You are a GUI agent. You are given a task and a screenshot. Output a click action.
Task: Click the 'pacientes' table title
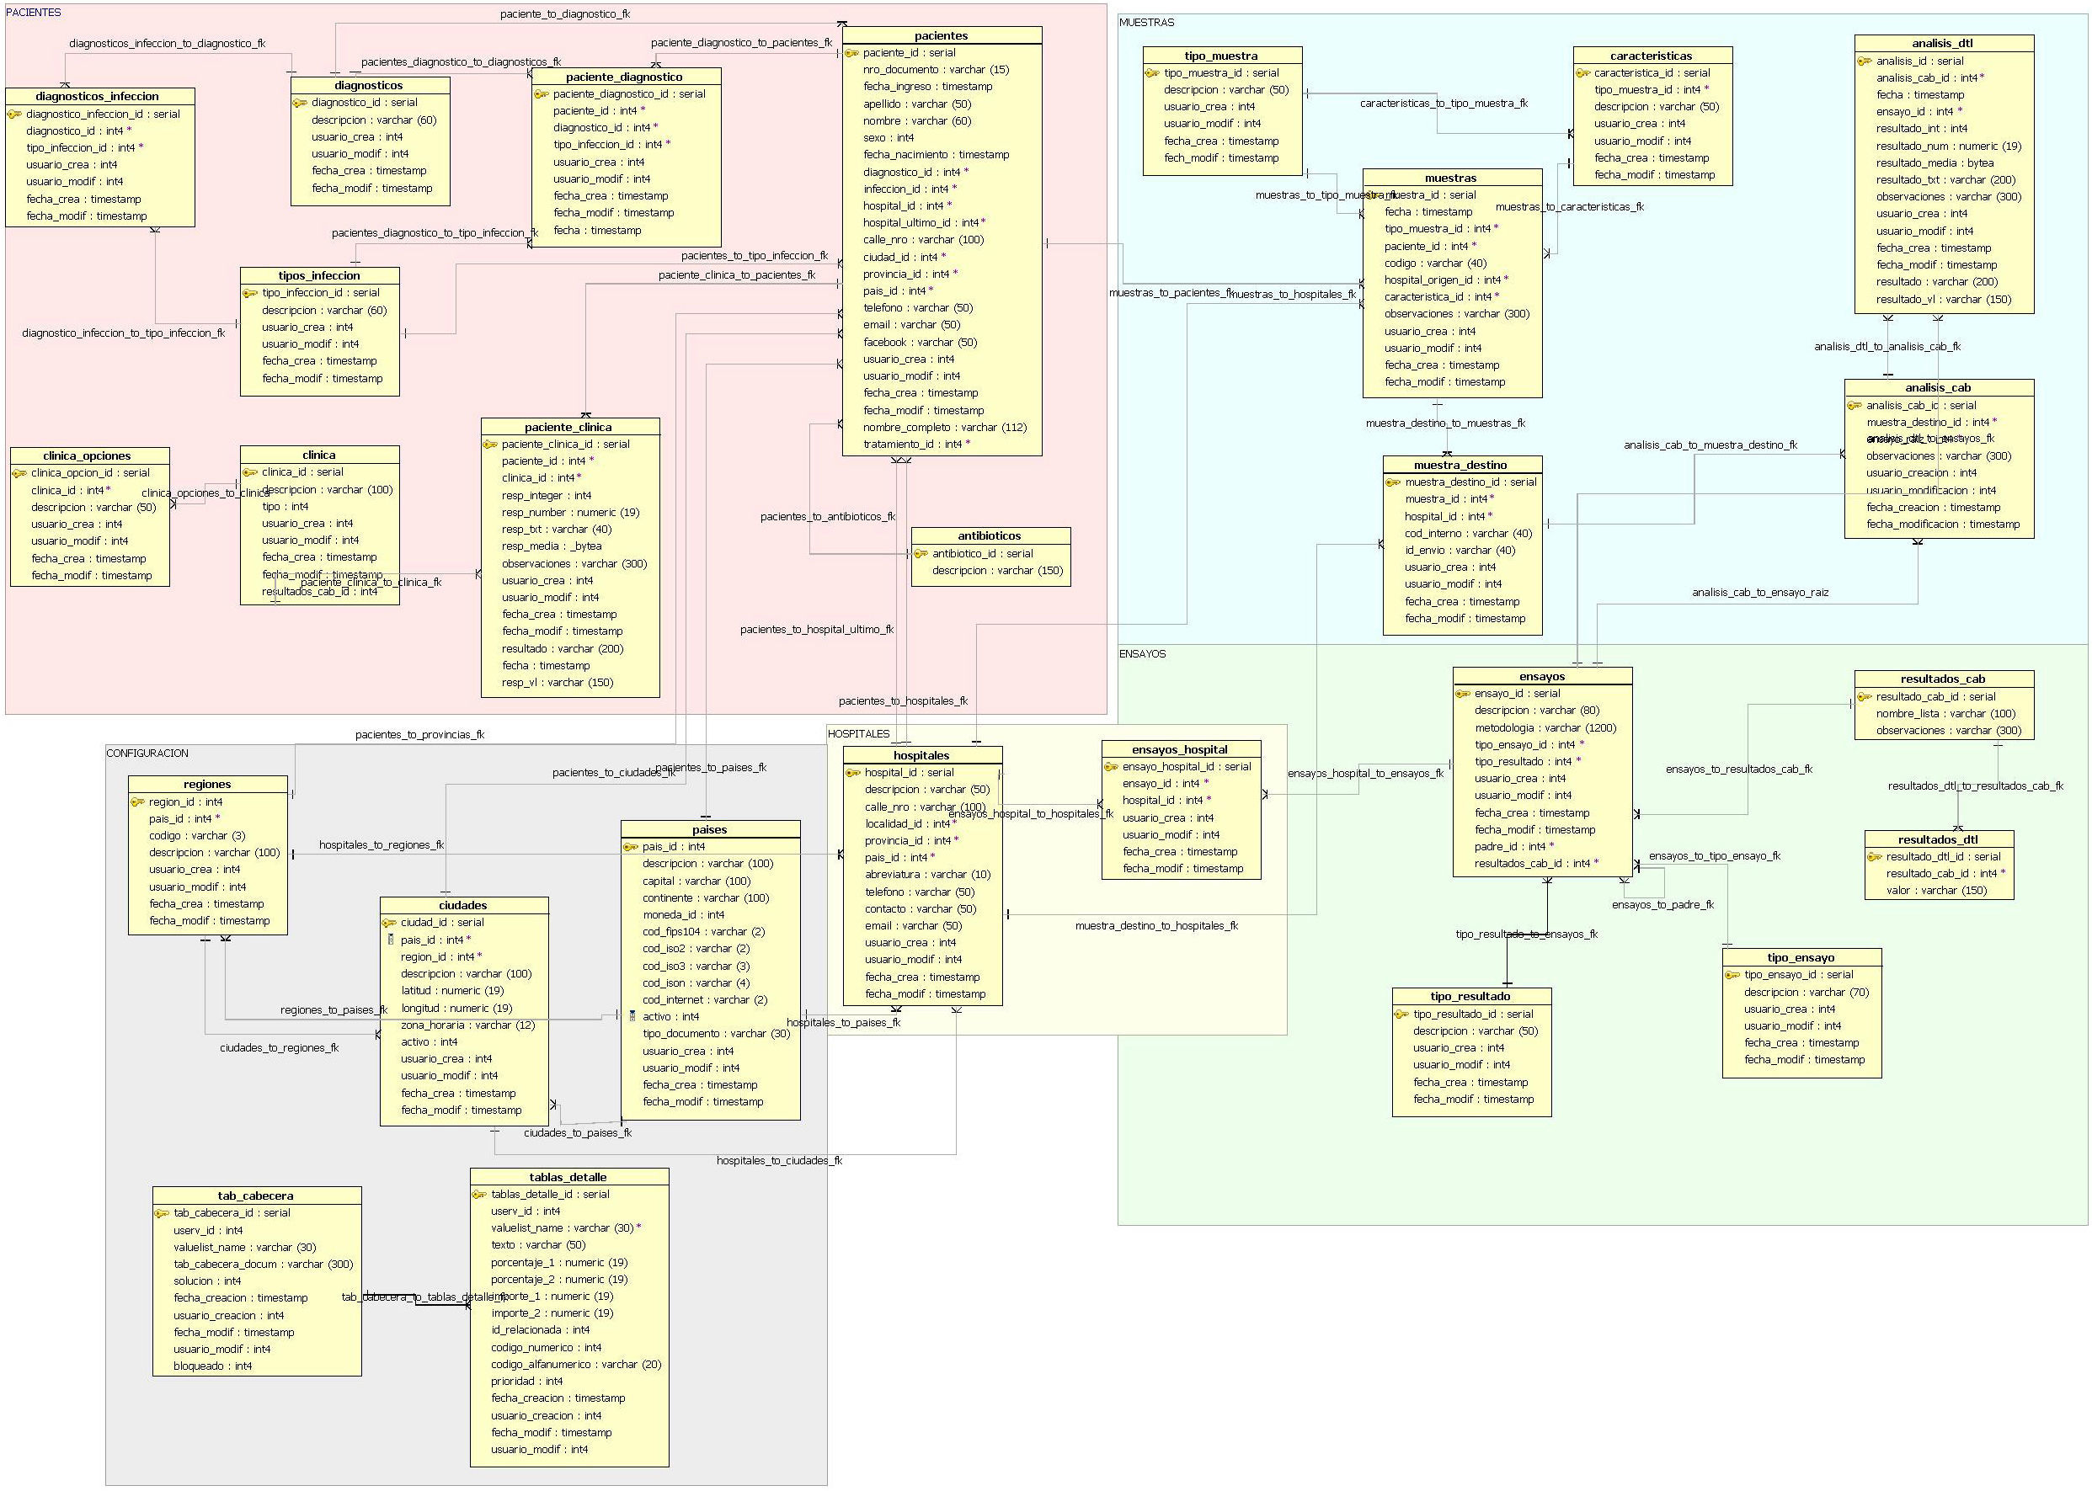(941, 36)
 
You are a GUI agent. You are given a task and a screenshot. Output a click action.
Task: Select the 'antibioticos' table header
(989, 536)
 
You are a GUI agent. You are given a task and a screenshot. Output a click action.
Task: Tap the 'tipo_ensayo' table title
(1801, 957)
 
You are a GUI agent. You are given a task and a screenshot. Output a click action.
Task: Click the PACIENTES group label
(34, 13)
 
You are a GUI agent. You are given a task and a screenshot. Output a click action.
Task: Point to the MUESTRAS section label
(1146, 23)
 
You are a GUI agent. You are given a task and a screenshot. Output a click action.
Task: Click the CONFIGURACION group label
(147, 753)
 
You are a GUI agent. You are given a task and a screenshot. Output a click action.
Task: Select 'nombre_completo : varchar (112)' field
(944, 428)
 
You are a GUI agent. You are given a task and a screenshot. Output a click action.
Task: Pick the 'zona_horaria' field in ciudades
(467, 1025)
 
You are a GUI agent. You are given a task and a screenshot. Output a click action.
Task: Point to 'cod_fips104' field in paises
(703, 932)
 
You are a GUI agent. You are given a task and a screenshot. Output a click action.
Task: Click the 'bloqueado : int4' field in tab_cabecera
(212, 1366)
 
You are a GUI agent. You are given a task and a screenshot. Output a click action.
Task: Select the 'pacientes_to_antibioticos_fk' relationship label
(827, 517)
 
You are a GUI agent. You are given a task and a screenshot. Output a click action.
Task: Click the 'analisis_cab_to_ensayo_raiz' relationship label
(1759, 593)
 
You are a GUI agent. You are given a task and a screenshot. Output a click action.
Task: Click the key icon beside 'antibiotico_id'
(921, 554)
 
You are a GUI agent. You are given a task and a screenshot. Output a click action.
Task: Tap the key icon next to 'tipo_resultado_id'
(1401, 1014)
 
